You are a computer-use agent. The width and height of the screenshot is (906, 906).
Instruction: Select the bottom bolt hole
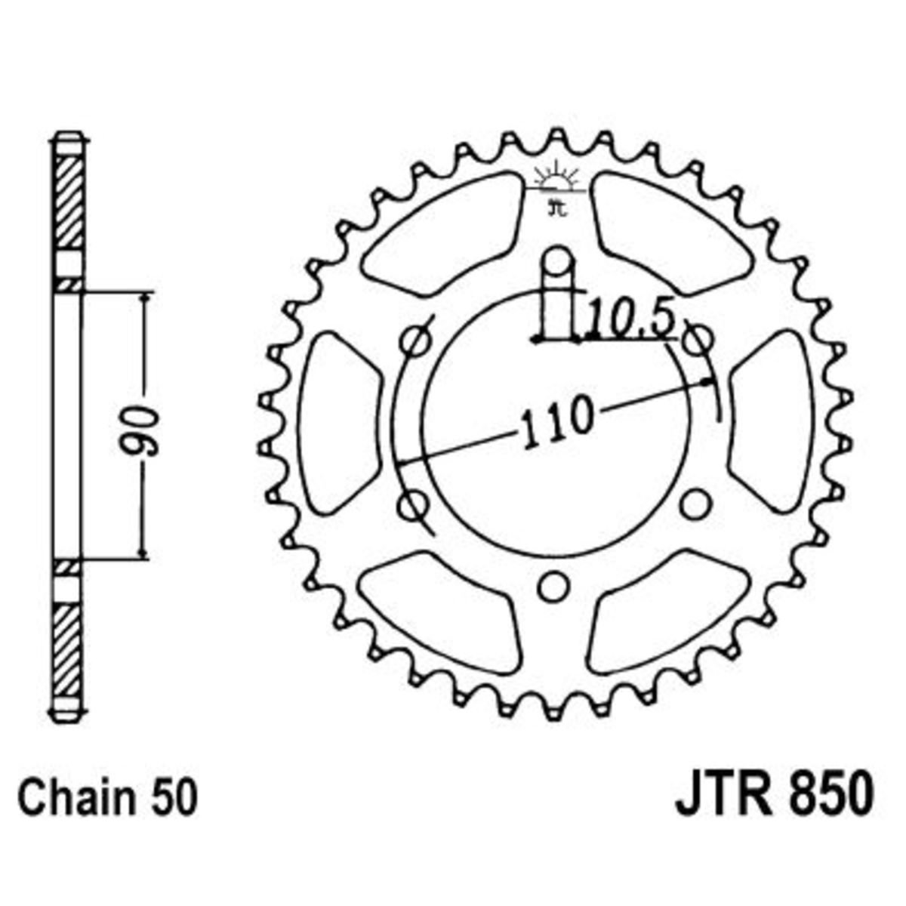(553, 587)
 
